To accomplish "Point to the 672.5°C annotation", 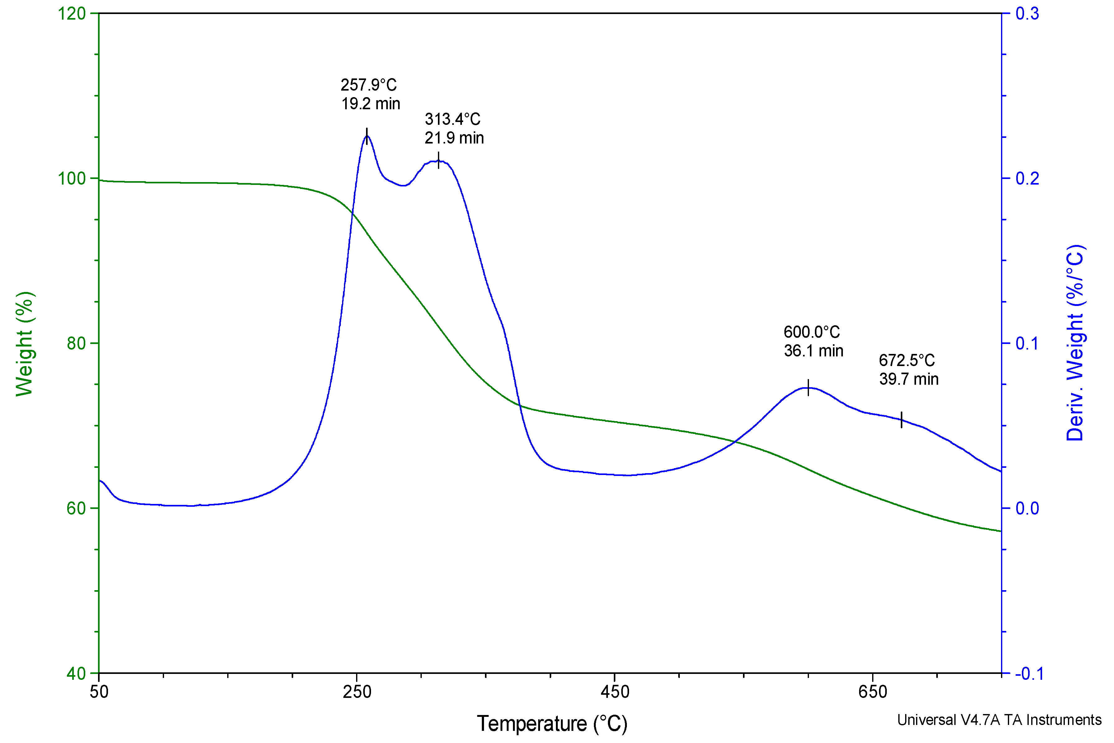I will [906, 360].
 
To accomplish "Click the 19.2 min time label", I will [370, 104].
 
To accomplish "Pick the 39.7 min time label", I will [908, 379].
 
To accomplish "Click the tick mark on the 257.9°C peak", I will [366, 136].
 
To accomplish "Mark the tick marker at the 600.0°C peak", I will [808, 388].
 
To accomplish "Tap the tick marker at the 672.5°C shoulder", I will [901, 420].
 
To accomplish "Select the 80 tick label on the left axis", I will [76, 343].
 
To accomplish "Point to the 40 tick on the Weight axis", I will [76, 673].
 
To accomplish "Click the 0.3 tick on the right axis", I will [1027, 14].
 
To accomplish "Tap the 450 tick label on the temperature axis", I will [614, 692].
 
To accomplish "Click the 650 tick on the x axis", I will [872, 692].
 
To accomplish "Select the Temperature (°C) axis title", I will [552, 724].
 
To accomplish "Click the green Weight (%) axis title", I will [25, 344].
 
